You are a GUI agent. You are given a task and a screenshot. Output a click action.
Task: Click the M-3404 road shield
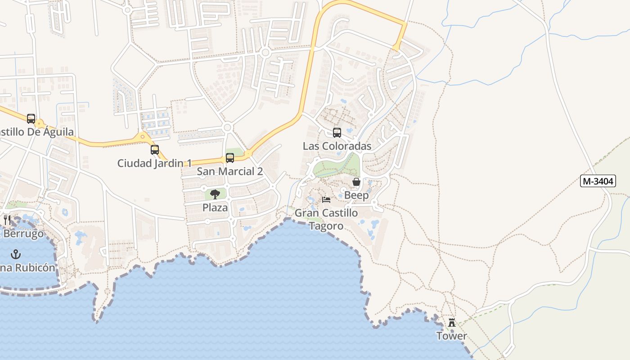tap(598, 181)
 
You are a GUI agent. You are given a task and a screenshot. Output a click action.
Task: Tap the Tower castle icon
tap(452, 323)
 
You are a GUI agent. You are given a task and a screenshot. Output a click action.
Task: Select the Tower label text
tap(452, 336)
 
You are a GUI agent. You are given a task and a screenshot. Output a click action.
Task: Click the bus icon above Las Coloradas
tap(337, 133)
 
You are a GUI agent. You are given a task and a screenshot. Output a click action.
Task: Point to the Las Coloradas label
tap(337, 146)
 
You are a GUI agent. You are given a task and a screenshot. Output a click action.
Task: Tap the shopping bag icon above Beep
tap(356, 182)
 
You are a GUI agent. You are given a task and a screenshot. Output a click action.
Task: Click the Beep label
tap(356, 195)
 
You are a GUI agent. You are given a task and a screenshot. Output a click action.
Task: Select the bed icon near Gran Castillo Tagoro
tap(326, 199)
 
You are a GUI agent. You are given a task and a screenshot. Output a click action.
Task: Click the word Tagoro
tap(326, 226)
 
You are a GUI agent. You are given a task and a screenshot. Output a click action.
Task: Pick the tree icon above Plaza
tap(215, 194)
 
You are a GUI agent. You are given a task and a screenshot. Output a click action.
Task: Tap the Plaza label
tap(215, 208)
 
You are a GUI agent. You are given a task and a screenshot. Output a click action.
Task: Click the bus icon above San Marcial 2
tap(230, 158)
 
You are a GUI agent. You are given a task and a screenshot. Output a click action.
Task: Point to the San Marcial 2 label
tap(230, 171)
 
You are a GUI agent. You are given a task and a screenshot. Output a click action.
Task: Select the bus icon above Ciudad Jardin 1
tap(154, 150)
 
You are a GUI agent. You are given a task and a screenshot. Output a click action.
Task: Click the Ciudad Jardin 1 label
tap(154, 163)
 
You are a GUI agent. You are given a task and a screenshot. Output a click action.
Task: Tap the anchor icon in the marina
tap(16, 254)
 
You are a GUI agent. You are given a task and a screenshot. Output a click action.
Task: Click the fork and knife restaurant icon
tap(7, 220)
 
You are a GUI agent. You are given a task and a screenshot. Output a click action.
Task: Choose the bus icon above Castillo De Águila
tap(31, 119)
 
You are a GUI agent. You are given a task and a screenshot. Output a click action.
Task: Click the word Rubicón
tap(36, 268)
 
